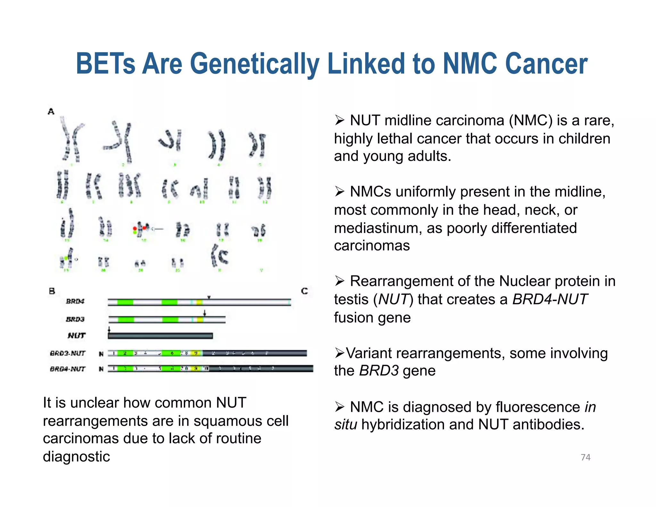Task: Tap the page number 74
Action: click(x=586, y=457)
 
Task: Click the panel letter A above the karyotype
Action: click(x=51, y=112)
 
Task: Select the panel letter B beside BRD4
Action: click(x=52, y=291)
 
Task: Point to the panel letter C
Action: click(x=304, y=291)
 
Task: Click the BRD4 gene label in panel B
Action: click(x=75, y=301)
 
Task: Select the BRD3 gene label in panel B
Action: click(x=75, y=319)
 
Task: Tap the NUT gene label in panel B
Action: click(x=77, y=336)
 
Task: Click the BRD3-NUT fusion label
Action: click(x=68, y=353)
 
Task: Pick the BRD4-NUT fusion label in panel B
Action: click(x=68, y=369)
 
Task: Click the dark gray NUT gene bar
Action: click(x=160, y=336)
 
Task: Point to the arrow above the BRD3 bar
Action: click(x=205, y=313)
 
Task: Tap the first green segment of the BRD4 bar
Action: click(x=125, y=302)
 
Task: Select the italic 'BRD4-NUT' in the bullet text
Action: click(x=550, y=299)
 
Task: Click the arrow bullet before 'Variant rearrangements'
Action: click(x=339, y=353)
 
